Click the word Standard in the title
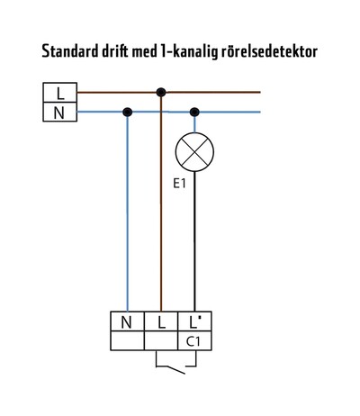tap(70, 51)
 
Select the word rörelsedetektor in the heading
tap(269, 51)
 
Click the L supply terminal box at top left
tap(60, 93)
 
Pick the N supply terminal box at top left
tap(60, 112)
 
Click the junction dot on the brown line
tap(161, 92)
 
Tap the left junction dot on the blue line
tap(128, 113)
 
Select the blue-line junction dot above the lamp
tap(194, 113)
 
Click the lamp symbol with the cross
tap(194, 152)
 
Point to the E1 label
tap(179, 184)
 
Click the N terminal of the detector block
tap(128, 321)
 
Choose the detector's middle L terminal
tap(161, 321)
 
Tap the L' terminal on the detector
tap(194, 321)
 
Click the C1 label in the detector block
tap(193, 341)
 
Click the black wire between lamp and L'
tap(194, 241)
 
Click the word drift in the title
tap(115, 51)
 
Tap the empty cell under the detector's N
tap(128, 340)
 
